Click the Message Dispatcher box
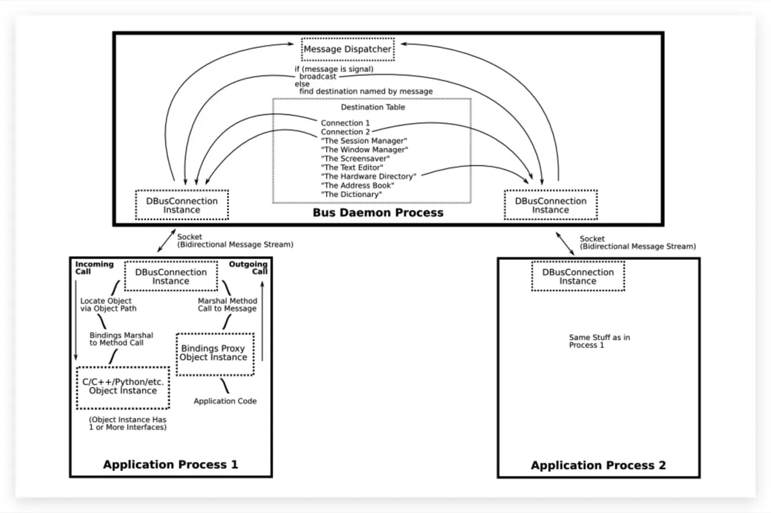click(348, 50)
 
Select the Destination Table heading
click(373, 107)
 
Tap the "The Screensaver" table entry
click(355, 159)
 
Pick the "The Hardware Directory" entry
click(368, 177)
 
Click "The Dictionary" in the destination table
click(351, 194)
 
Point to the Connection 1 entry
click(345, 123)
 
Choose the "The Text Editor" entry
click(352, 167)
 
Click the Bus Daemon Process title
click(378, 213)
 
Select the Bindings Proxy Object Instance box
click(215, 353)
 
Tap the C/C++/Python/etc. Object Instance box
click(123, 387)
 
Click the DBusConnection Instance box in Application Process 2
click(578, 276)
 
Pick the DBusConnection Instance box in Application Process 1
click(171, 276)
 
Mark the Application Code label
click(225, 401)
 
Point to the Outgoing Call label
click(249, 268)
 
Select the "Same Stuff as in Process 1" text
click(599, 341)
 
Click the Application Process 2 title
click(598, 466)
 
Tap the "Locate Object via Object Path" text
click(108, 305)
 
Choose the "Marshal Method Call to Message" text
click(227, 305)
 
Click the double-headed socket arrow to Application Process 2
click(565, 243)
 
